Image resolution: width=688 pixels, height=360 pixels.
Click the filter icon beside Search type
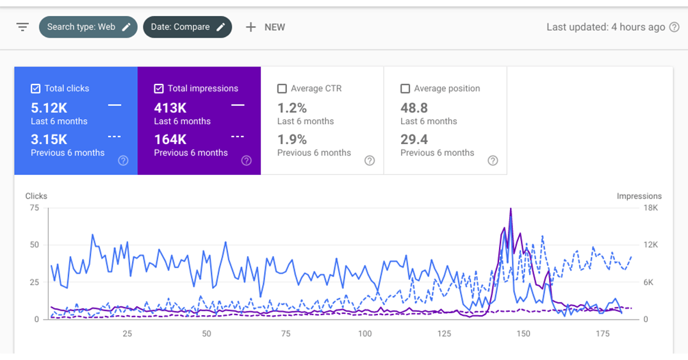[x=22, y=27]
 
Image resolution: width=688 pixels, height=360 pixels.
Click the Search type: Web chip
[x=88, y=27]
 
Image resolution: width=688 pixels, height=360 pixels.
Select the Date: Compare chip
[x=187, y=27]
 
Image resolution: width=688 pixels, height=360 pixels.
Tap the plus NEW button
[x=265, y=27]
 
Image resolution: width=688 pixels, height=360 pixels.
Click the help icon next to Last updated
[x=674, y=27]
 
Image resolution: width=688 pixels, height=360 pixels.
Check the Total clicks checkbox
[x=36, y=88]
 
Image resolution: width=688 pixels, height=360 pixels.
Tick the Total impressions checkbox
[x=159, y=88]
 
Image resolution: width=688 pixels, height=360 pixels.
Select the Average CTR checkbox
[x=282, y=88]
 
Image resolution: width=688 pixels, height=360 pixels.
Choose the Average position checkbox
[x=405, y=88]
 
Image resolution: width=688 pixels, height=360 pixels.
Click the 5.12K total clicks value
[x=49, y=108]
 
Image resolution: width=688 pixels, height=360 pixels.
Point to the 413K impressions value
[x=170, y=108]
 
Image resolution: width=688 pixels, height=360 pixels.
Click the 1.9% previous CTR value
[x=292, y=139]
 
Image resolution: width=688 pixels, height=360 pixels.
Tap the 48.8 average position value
[x=414, y=108]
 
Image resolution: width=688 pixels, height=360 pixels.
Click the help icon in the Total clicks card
[x=123, y=161]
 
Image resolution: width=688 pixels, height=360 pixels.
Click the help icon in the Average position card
[x=492, y=161]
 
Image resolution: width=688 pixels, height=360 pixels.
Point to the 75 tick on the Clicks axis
[x=34, y=208]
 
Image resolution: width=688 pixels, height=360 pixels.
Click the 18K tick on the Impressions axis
[x=650, y=208]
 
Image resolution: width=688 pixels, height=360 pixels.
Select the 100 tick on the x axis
[x=364, y=334]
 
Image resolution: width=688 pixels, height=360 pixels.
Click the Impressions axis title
[x=639, y=196]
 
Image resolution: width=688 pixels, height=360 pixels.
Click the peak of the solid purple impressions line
[x=511, y=209]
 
